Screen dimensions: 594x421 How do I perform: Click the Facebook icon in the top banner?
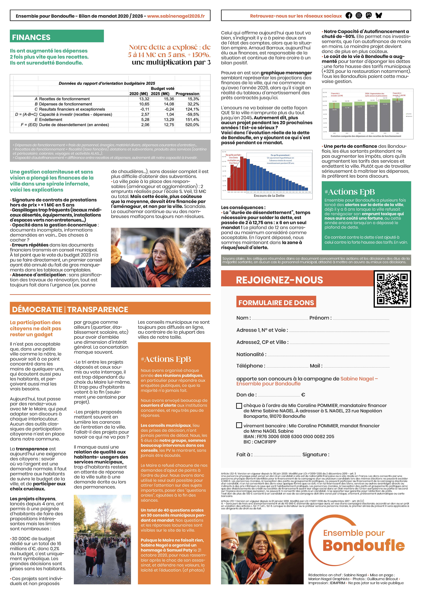(349, 16)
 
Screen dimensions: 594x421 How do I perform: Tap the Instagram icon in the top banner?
(359, 16)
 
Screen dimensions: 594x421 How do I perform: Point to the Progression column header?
(187, 94)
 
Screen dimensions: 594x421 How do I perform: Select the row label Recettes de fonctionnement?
(65, 99)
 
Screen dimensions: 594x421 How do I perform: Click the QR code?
(392, 289)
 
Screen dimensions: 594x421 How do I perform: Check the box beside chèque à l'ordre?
(239, 406)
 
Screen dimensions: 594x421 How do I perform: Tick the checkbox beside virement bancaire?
(239, 425)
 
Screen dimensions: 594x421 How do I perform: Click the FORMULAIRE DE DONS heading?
(276, 303)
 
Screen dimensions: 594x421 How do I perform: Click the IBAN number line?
(289, 437)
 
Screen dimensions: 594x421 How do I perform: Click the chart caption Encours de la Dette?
(269, 196)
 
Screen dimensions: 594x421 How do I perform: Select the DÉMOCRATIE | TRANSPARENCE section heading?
(70, 309)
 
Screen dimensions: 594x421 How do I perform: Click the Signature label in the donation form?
(316, 454)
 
